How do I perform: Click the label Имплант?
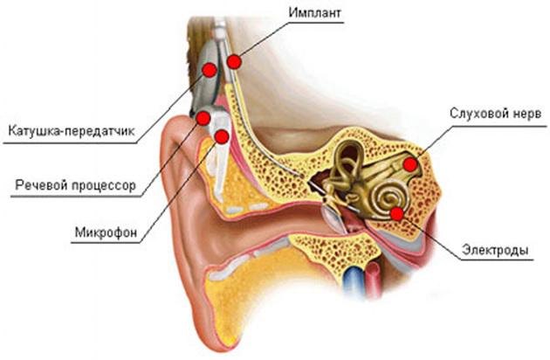point(314,12)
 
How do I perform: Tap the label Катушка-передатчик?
point(72,131)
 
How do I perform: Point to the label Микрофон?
point(106,232)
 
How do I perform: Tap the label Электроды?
point(495,250)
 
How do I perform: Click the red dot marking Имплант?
point(234,62)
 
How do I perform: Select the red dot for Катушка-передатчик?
point(210,70)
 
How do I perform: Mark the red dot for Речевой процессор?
point(203,118)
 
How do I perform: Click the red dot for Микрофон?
point(222,136)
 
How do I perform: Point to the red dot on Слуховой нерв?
point(410,164)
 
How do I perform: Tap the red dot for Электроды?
point(397,213)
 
